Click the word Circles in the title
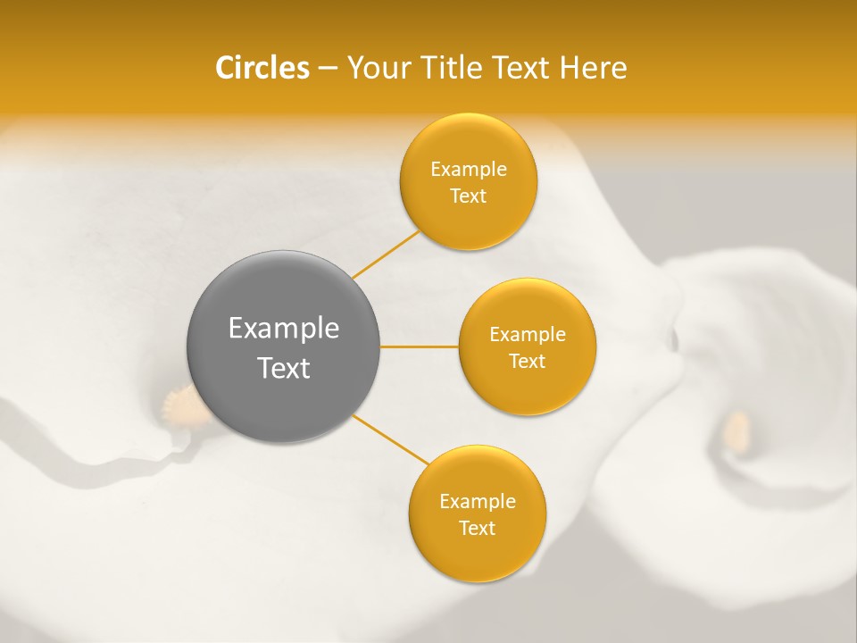click(262, 68)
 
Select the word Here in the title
click(593, 68)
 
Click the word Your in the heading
click(379, 68)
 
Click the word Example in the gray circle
click(284, 329)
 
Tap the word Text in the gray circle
click(284, 368)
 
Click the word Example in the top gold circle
click(468, 170)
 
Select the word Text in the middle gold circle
click(527, 362)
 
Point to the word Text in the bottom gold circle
click(477, 529)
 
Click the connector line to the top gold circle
click(386, 255)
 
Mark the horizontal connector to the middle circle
click(420, 347)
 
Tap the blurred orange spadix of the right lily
click(737, 429)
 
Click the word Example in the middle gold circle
click(527, 335)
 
